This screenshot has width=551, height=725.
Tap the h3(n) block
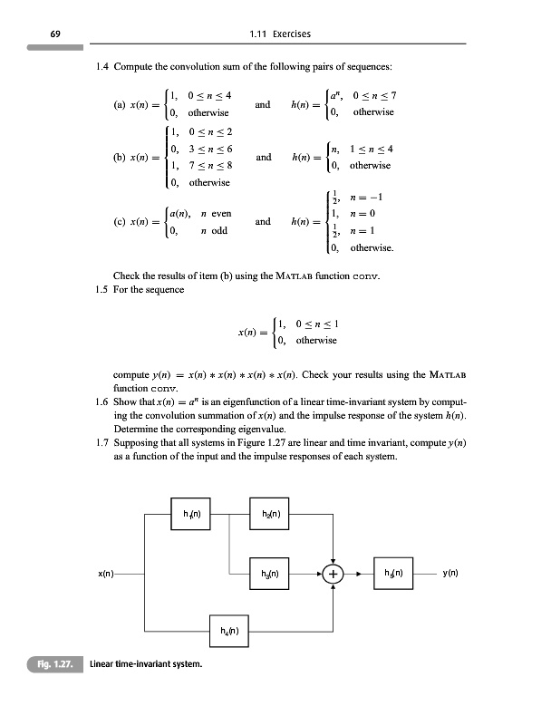[x=271, y=573]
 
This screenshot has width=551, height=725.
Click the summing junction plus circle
[x=333, y=574]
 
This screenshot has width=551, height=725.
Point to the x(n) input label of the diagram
[x=107, y=574]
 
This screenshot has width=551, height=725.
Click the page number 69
[x=55, y=34]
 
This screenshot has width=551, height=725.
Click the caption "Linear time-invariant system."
[x=146, y=664]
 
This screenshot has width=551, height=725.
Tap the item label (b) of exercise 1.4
[x=119, y=157]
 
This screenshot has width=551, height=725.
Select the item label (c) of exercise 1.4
[x=119, y=222]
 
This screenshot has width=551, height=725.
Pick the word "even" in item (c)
[x=220, y=214]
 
